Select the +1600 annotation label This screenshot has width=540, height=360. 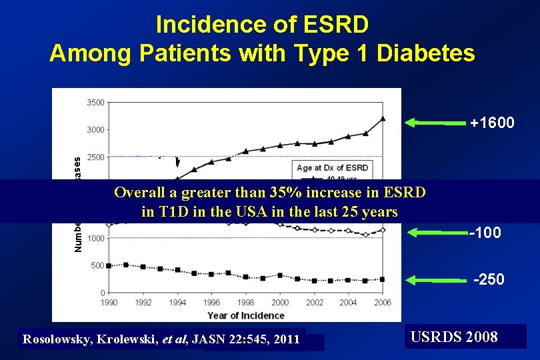coord(492,123)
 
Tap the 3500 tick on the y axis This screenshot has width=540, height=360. coord(95,102)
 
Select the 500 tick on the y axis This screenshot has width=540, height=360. coord(97,265)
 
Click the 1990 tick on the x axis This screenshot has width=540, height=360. coord(109,303)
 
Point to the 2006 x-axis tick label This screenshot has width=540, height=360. coord(382,303)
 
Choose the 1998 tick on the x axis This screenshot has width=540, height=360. coord(245,303)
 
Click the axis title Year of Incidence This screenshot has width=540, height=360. coord(245,315)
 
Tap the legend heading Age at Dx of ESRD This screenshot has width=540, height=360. coord(331,167)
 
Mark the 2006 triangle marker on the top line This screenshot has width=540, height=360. coord(383,119)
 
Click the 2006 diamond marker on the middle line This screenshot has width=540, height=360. coord(383,230)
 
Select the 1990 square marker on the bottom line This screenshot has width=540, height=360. coord(109,265)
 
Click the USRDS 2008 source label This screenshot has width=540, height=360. coord(454,337)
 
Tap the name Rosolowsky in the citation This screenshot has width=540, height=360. coord(59,339)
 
